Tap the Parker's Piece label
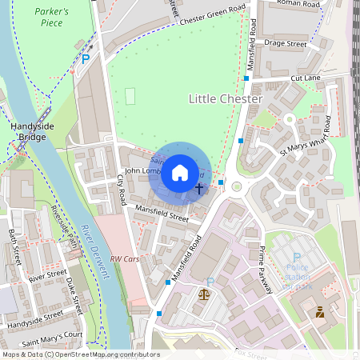(x=54, y=17)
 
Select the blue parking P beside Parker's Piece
(x=86, y=59)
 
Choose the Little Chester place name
(x=225, y=98)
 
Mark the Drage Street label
(x=286, y=46)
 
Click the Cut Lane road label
(x=305, y=78)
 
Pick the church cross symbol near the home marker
(x=199, y=188)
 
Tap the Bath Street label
(x=14, y=247)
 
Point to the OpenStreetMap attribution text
(x=80, y=354)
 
